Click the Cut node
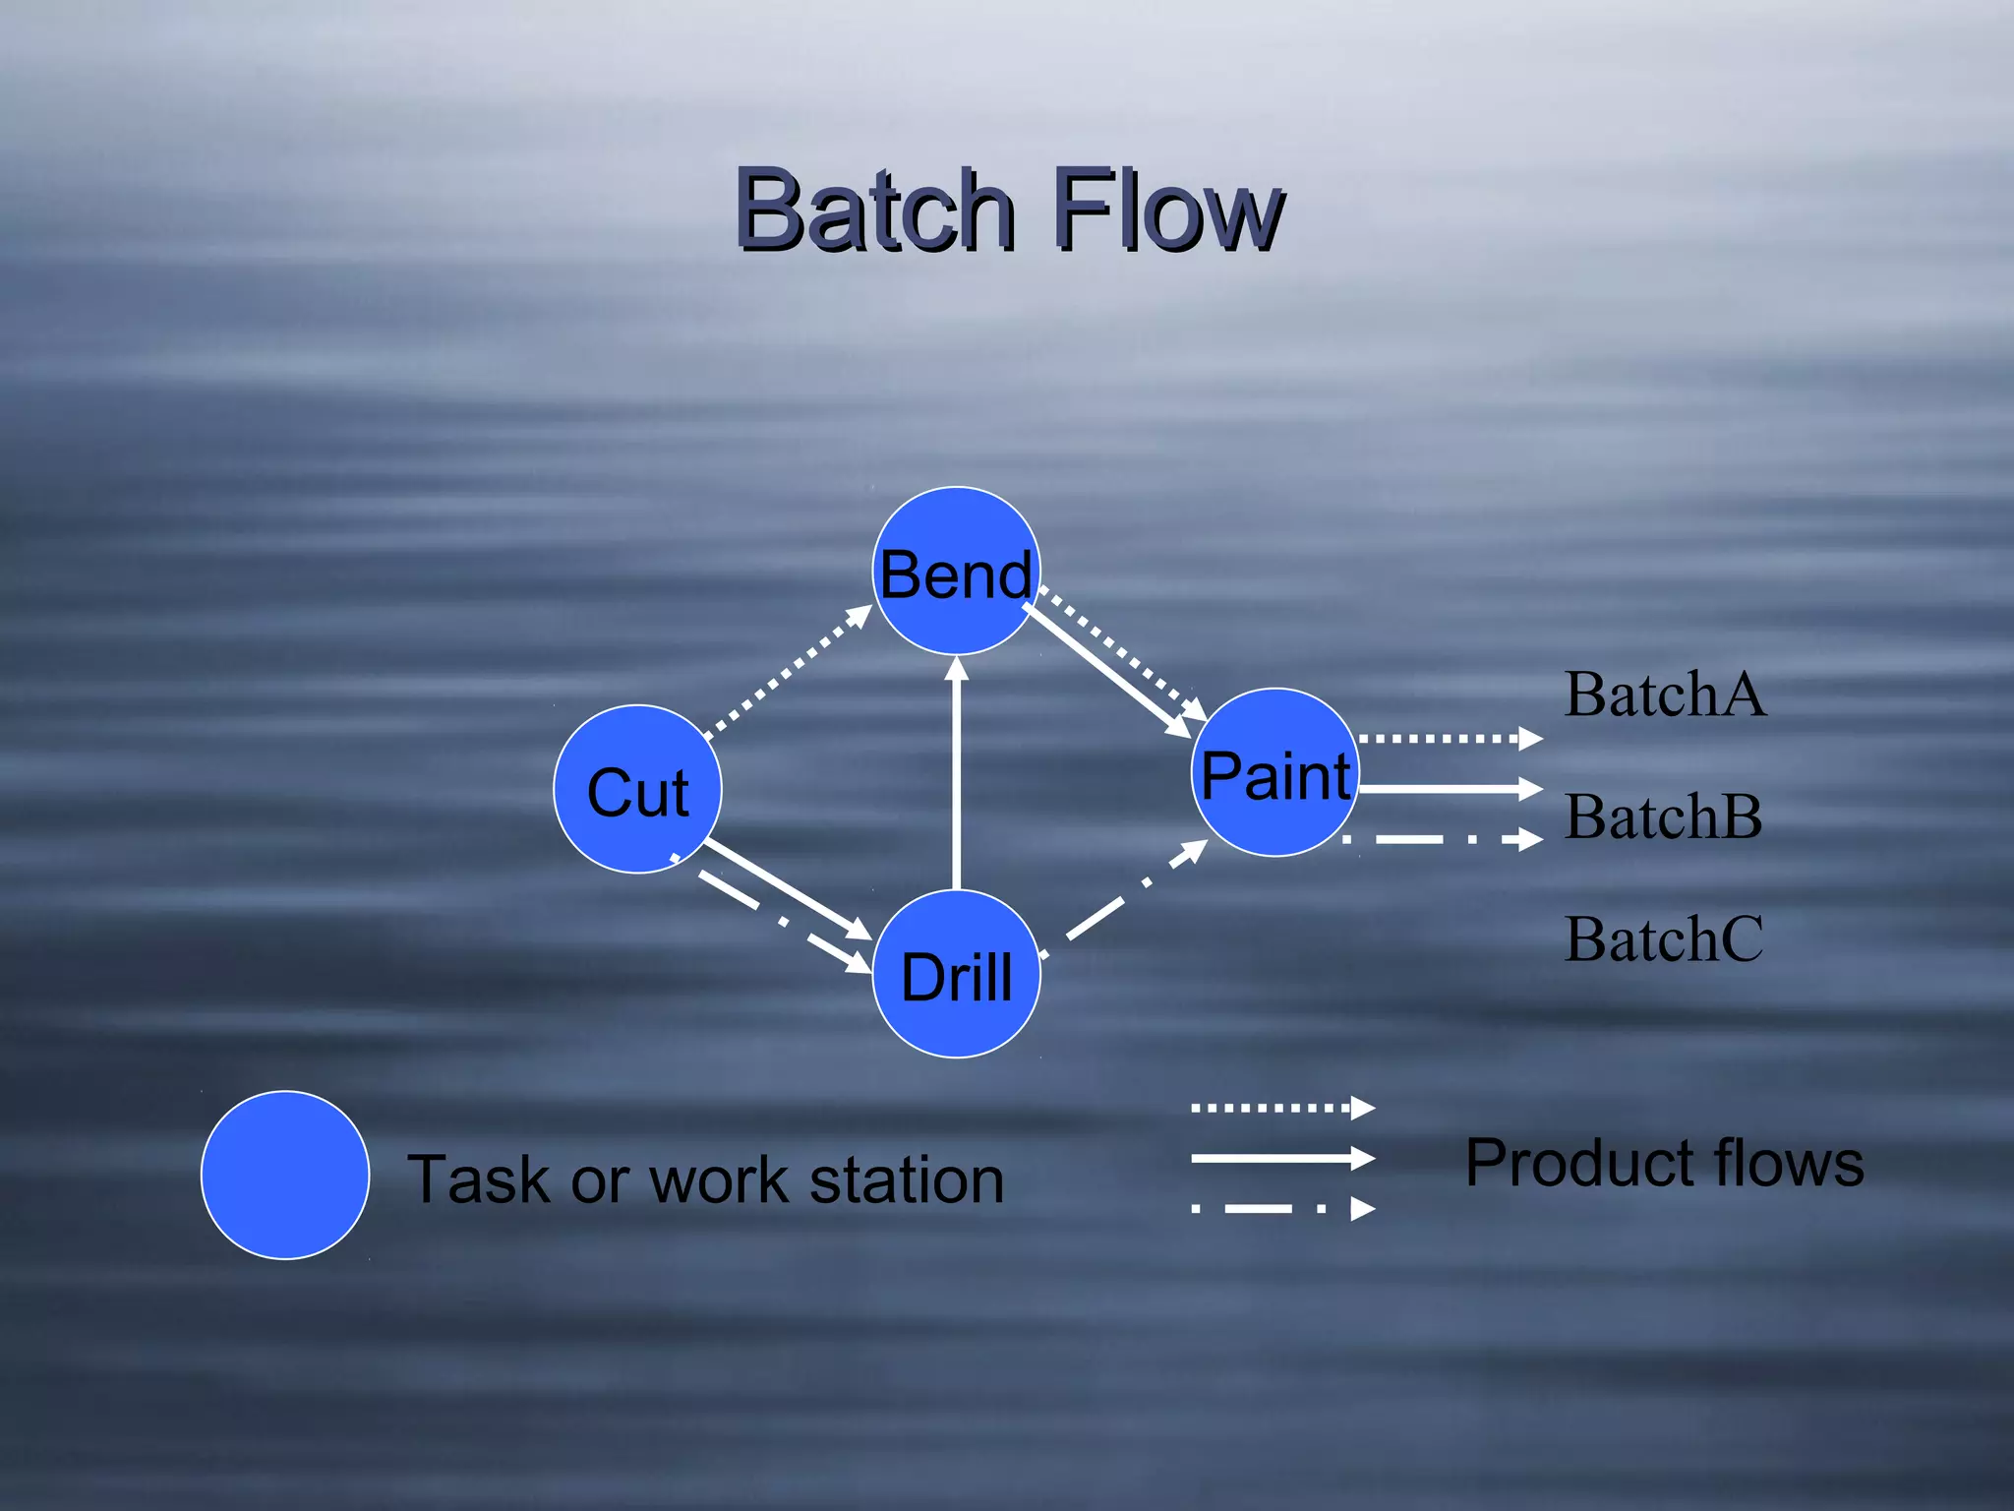(x=637, y=789)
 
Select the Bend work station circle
(x=956, y=572)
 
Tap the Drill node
(x=956, y=974)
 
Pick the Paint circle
(x=1275, y=773)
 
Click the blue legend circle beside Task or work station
(x=285, y=1175)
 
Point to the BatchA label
(x=1665, y=695)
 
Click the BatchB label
(x=1663, y=816)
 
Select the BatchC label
(x=1663, y=938)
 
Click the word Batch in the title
(x=874, y=210)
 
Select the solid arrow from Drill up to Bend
(x=956, y=777)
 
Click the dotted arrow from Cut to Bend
(x=787, y=671)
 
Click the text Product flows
(x=1664, y=1163)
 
